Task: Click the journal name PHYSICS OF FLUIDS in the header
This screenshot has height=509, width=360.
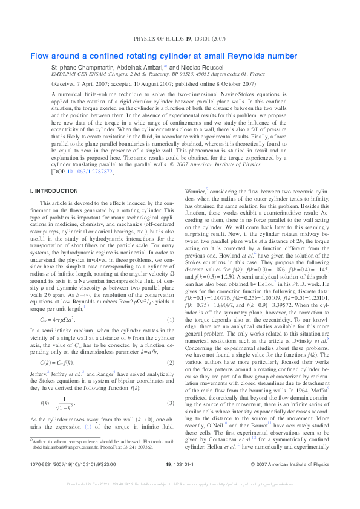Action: (162, 39)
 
